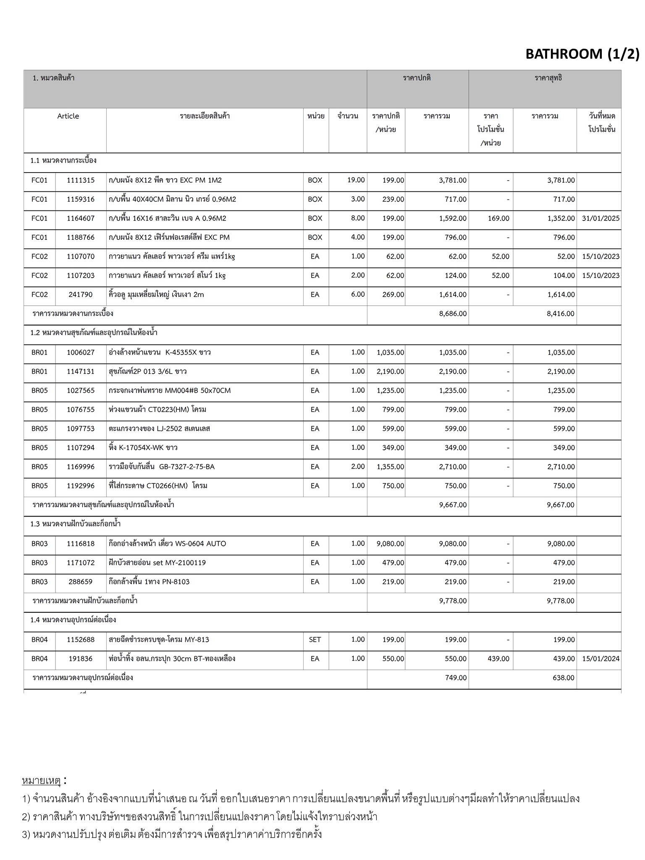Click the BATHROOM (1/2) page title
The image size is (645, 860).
point(582,54)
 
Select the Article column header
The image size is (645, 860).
point(68,116)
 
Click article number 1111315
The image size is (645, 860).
point(81,180)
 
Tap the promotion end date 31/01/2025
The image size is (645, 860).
point(600,218)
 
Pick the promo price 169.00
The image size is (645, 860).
point(498,218)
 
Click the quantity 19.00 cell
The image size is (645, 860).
point(356,180)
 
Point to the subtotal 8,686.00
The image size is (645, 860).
point(453,314)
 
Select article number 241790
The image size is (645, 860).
point(81,295)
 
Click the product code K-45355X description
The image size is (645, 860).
point(160,352)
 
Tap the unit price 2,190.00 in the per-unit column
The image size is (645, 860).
point(390,372)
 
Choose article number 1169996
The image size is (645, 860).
point(81,467)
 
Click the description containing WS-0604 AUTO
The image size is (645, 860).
point(167,544)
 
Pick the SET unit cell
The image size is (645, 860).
point(315,640)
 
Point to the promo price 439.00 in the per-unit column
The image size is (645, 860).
point(498,659)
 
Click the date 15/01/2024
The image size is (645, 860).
point(600,659)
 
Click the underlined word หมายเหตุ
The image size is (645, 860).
point(42,781)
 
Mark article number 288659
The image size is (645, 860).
point(81,582)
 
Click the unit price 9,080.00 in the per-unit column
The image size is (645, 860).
point(390,544)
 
